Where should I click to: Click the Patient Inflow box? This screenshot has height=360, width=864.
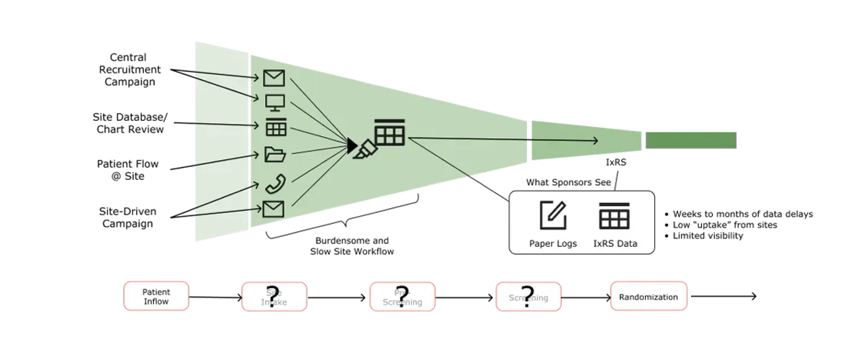tap(156, 296)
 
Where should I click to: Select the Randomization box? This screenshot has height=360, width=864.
tap(649, 297)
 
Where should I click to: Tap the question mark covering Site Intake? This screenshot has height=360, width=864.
tap(273, 297)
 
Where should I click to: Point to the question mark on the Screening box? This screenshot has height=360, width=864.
tap(528, 296)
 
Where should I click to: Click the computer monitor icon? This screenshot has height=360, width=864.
tap(275, 102)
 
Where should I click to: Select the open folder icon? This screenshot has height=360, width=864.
tap(275, 154)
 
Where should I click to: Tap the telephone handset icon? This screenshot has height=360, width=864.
tap(275, 184)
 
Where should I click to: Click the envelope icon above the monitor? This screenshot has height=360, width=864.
tap(274, 77)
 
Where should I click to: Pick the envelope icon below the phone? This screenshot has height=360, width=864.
tap(274, 209)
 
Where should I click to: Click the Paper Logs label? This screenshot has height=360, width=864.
tap(553, 243)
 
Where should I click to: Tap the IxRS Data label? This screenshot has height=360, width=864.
tap(614, 243)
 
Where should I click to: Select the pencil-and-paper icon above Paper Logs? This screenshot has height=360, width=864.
tap(553, 215)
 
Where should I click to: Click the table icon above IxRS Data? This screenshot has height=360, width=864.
tap(614, 215)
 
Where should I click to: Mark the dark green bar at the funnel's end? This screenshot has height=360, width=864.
tap(690, 138)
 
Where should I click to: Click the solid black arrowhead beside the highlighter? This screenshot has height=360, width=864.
tap(351, 146)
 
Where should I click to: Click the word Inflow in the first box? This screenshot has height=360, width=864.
tap(156, 301)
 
